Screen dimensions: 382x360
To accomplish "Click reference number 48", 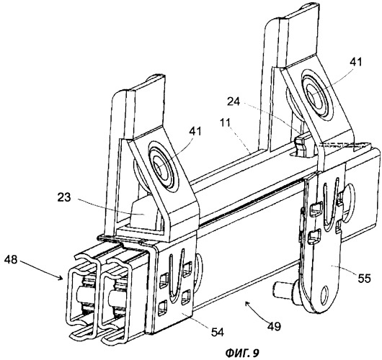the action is [x=11, y=260].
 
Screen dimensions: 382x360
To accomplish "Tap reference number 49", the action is [x=274, y=326].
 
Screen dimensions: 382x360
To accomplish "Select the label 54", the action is [x=218, y=332].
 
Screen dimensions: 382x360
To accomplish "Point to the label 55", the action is [x=364, y=278].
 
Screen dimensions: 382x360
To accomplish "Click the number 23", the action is [x=64, y=197].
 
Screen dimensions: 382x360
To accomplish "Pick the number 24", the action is [x=234, y=102].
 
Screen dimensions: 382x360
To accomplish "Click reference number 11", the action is [x=226, y=122].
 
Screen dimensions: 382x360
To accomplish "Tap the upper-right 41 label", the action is [x=356, y=63].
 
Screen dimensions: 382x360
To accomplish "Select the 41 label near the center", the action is [x=195, y=132].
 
